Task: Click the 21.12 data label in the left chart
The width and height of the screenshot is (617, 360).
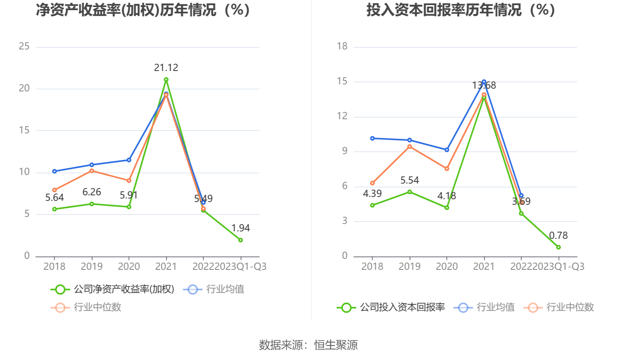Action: pos(166,68)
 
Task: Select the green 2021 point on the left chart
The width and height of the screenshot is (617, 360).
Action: pos(166,80)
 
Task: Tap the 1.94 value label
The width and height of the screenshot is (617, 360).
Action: pos(240,228)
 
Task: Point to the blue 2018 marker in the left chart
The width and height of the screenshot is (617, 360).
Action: pos(54,171)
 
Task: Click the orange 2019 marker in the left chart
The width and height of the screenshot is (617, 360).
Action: pos(92,171)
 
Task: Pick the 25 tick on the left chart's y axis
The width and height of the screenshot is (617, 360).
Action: pos(24,47)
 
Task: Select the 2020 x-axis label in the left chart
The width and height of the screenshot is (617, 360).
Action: pos(129,267)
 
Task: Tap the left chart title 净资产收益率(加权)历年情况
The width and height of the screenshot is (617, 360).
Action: pos(143,10)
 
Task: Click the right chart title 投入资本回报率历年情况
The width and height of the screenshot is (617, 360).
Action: pos(461,10)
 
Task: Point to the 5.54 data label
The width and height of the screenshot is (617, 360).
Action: pos(409,180)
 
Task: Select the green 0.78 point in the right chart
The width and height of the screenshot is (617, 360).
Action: pos(558,247)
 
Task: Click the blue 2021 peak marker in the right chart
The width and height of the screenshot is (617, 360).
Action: pos(484,82)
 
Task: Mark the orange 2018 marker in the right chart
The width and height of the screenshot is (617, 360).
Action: pos(372,183)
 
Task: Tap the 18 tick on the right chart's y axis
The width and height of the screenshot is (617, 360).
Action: pos(342,47)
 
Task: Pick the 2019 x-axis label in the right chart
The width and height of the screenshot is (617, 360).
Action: pos(409,267)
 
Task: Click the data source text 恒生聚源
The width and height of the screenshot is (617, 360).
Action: pos(336,345)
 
